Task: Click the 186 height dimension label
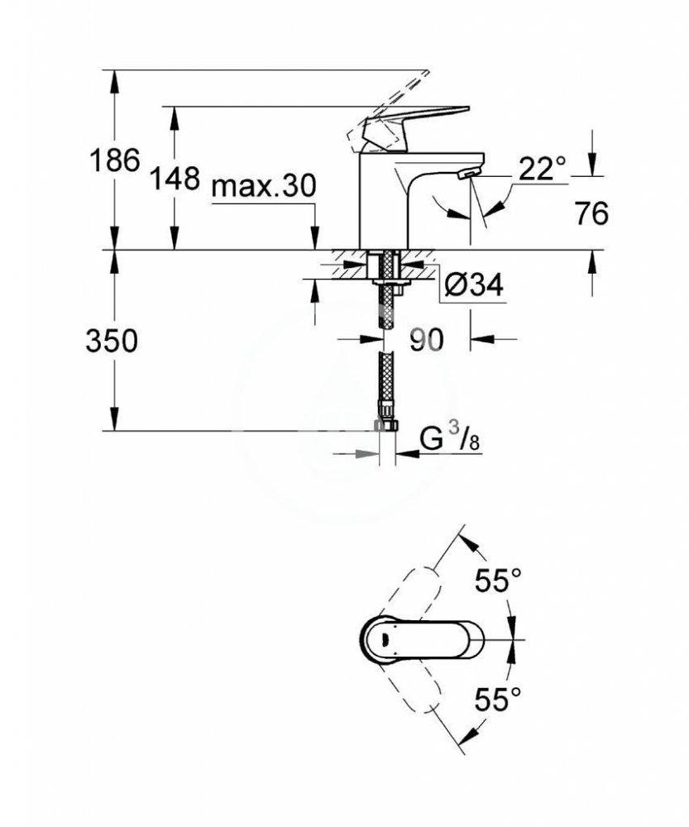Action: (x=114, y=161)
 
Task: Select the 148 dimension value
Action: (x=175, y=176)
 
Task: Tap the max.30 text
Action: (x=263, y=186)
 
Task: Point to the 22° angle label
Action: (x=542, y=170)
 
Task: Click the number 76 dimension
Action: (x=591, y=213)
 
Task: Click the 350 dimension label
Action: (x=112, y=341)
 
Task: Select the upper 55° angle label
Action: (x=499, y=581)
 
